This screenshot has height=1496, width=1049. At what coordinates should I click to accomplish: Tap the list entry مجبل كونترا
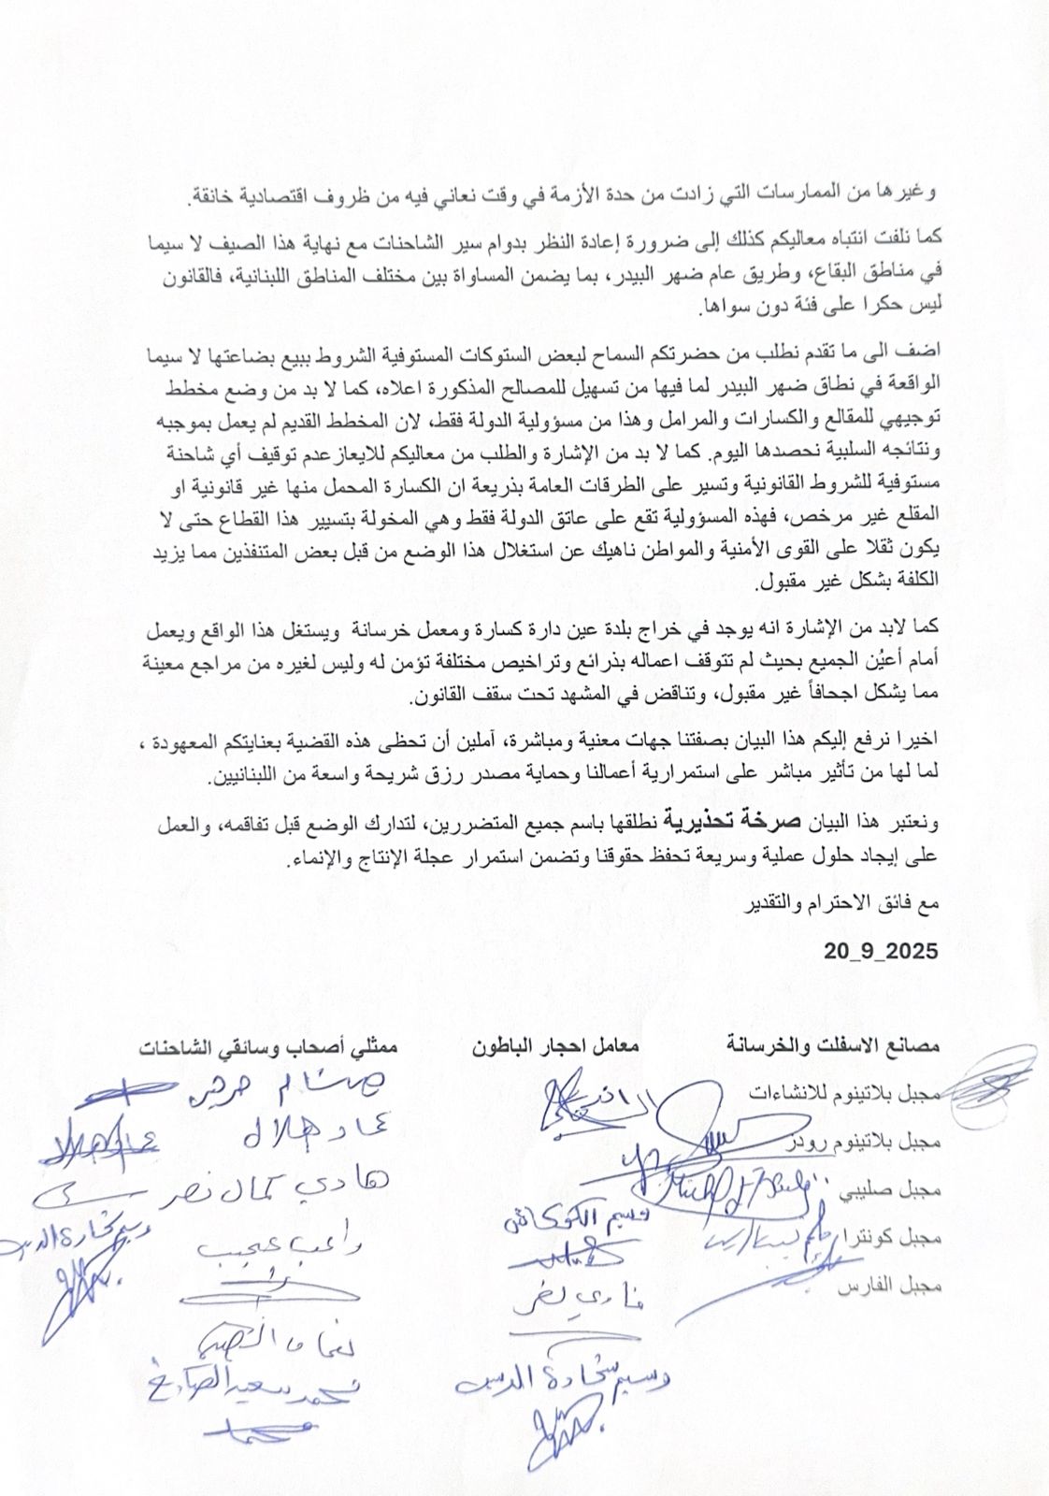point(889,1237)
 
